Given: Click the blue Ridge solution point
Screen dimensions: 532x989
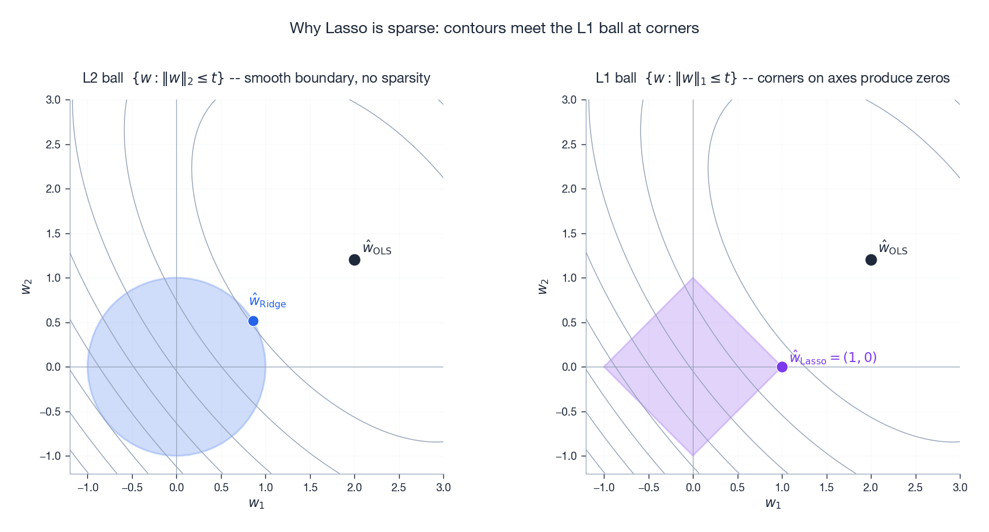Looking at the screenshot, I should click(x=253, y=321).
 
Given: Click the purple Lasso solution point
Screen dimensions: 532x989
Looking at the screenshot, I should click(x=782, y=367).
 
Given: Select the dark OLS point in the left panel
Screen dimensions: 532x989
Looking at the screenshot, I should click(x=354, y=260).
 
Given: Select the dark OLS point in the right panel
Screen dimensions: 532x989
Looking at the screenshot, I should click(x=871, y=260).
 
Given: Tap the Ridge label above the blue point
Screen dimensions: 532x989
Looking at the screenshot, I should click(x=267, y=301).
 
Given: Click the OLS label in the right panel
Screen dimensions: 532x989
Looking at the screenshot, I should click(x=893, y=248).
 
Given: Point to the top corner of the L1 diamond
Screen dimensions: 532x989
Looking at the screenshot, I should click(x=693, y=278).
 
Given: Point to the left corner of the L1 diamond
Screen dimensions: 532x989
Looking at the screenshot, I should click(x=604, y=367).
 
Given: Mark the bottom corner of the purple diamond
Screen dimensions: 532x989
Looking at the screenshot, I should click(x=693, y=455).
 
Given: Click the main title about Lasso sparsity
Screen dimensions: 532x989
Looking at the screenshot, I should click(x=494, y=28).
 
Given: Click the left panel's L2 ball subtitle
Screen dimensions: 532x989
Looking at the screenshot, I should click(x=256, y=78).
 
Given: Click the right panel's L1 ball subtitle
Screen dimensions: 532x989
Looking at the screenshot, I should click(x=772, y=78).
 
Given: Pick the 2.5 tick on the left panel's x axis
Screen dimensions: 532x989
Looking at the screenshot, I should click(x=399, y=487).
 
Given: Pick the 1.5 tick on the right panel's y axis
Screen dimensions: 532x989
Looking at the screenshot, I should click(x=569, y=233).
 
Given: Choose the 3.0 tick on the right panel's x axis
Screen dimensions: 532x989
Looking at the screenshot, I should click(x=959, y=487).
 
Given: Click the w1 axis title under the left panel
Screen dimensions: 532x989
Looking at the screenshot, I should click(x=257, y=503).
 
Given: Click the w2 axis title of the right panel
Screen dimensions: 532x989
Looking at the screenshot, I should click(x=543, y=286).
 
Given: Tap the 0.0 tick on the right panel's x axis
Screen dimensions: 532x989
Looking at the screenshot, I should click(x=693, y=487).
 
